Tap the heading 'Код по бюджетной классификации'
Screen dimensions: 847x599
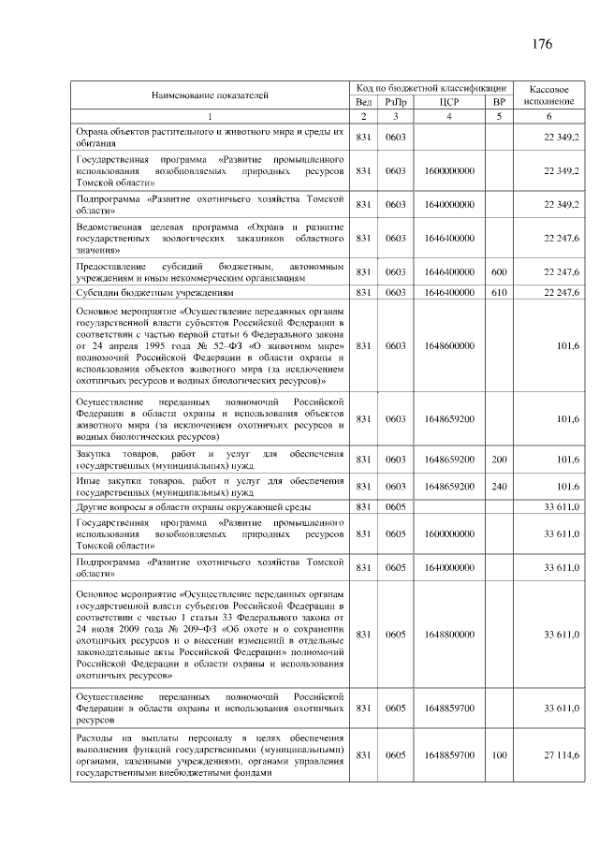coord(431,87)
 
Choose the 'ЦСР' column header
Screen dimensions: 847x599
coord(448,102)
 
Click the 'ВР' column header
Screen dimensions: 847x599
coord(499,102)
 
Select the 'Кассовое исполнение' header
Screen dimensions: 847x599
coord(548,95)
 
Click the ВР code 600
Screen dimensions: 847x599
coord(499,272)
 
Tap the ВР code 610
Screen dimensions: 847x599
coord(499,293)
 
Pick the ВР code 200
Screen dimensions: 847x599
coord(499,460)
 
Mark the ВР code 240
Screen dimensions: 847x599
coord(499,487)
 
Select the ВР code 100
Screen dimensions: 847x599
coord(499,755)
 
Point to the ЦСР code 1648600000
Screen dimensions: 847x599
coord(448,345)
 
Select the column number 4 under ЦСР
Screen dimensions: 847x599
coord(448,117)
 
